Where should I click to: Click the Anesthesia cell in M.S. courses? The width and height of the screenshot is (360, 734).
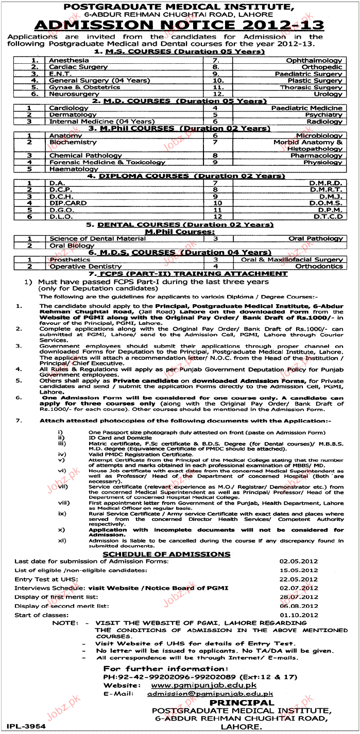(x=69, y=60)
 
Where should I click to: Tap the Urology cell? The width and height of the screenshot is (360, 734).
(x=328, y=94)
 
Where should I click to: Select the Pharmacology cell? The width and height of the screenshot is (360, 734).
(x=316, y=155)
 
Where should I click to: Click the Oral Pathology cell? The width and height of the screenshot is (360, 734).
(x=315, y=239)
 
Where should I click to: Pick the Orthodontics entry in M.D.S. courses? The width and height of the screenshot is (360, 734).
(x=318, y=267)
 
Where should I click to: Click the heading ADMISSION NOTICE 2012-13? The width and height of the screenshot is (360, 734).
(x=180, y=26)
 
